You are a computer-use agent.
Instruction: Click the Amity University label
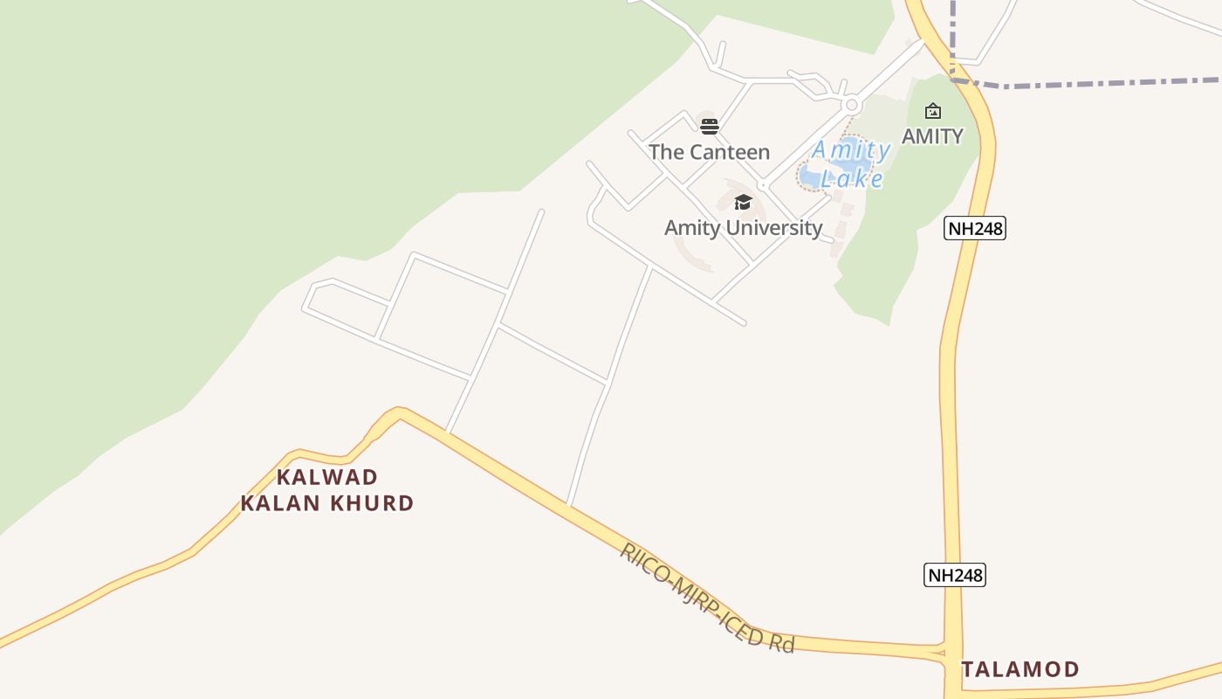coord(743,228)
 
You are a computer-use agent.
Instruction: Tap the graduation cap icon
coord(743,203)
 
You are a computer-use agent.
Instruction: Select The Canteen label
coord(709,152)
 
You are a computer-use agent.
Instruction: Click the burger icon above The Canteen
coord(709,126)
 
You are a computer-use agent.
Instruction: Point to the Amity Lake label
coord(851,164)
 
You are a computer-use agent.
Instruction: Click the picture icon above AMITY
coord(932,111)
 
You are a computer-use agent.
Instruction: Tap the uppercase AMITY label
coord(932,136)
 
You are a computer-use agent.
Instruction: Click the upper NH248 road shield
coord(976,229)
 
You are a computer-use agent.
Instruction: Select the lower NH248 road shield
coord(955,575)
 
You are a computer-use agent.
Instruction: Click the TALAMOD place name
coord(1020,670)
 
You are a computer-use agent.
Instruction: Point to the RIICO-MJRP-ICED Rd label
coord(707,599)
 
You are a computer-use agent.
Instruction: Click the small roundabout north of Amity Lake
coord(852,105)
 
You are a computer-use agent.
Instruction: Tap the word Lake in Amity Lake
coord(853,179)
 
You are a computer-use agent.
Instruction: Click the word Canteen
coord(729,152)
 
